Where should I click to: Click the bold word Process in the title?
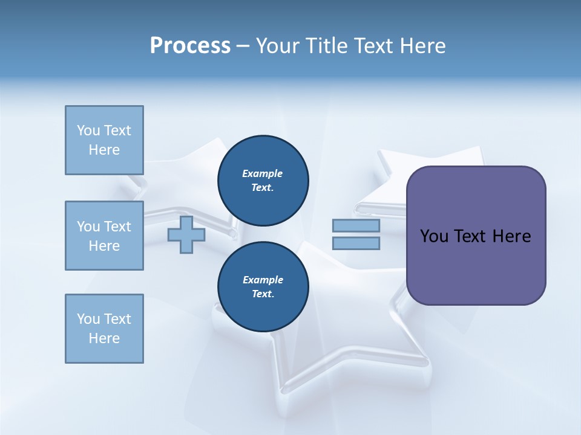[x=190, y=46]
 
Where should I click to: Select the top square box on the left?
[x=104, y=140]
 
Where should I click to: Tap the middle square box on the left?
[x=104, y=236]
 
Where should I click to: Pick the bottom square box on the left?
[x=104, y=329]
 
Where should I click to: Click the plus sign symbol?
[x=186, y=235]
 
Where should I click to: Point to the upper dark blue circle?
[x=263, y=180]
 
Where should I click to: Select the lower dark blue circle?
[x=263, y=287]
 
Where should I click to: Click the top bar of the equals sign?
[x=356, y=226]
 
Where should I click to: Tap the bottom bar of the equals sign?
[x=356, y=243]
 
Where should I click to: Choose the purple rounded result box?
[x=476, y=236]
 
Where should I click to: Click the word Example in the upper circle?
[x=262, y=173]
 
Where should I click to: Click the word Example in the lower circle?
[x=263, y=280]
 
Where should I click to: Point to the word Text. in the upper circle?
[x=262, y=187]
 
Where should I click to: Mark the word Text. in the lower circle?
[x=263, y=294]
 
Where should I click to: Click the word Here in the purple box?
[x=511, y=236]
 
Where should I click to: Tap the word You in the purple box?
[x=434, y=236]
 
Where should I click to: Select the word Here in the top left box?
[x=104, y=150]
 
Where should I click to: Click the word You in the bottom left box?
[x=88, y=319]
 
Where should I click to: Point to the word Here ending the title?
[x=424, y=46]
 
